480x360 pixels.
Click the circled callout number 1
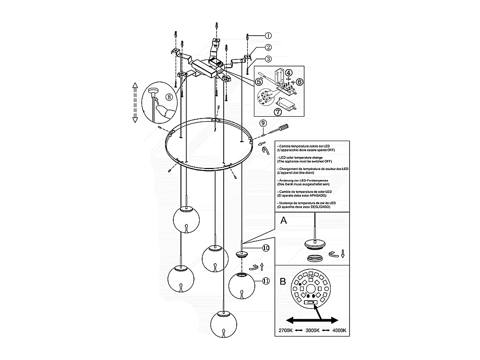pyautogui.click(x=268, y=36)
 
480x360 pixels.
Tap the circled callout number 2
pyautogui.click(x=268, y=48)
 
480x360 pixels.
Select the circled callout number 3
pyautogui.click(x=268, y=59)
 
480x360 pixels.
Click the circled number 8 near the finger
pyautogui.click(x=169, y=96)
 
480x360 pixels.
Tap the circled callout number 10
pyautogui.click(x=265, y=248)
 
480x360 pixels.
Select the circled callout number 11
pyautogui.click(x=265, y=281)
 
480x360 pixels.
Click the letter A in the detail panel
pyautogui.click(x=284, y=221)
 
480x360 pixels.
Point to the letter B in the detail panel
pyautogui.click(x=283, y=281)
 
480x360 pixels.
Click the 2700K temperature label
pyautogui.click(x=288, y=331)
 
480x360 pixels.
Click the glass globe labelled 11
pyautogui.click(x=241, y=285)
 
